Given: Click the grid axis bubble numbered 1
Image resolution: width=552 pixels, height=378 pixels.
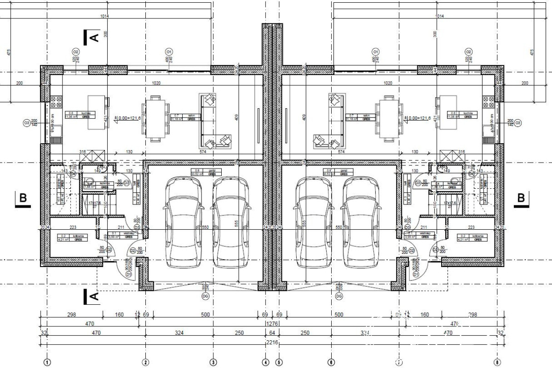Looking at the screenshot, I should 46,362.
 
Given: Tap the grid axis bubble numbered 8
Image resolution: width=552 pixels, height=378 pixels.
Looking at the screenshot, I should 496,362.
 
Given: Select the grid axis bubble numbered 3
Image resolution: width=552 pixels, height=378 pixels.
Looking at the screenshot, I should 213,362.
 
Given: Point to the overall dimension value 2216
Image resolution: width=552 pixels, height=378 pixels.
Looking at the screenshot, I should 272,343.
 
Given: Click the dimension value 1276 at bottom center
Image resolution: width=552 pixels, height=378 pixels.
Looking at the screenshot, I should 272,324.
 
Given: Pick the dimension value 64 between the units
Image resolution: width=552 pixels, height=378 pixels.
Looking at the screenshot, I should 272,333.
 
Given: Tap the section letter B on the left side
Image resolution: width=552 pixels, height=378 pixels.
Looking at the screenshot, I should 23,198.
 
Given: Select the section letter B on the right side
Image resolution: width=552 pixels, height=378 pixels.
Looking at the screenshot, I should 521,198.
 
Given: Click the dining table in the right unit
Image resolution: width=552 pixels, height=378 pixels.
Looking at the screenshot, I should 389,118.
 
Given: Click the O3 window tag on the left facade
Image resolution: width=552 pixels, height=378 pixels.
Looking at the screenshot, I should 27,123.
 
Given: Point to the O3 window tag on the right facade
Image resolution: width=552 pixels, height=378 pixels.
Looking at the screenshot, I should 518,123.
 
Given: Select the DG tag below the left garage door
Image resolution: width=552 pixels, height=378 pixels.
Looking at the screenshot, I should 205,296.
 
